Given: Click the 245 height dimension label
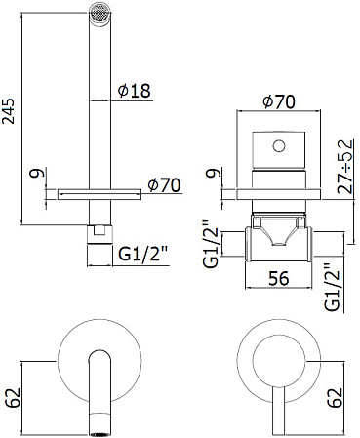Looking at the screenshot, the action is point(9,110).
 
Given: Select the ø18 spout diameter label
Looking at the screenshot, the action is point(135,90).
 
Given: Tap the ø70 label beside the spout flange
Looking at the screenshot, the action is point(164,185).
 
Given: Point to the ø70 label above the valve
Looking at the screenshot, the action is point(279,101).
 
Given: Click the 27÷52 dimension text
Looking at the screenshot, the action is point(345,166).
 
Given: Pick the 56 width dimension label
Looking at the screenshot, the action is point(279,278).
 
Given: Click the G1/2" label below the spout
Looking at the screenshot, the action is point(143,253).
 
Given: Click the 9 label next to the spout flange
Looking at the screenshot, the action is point(36,173).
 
